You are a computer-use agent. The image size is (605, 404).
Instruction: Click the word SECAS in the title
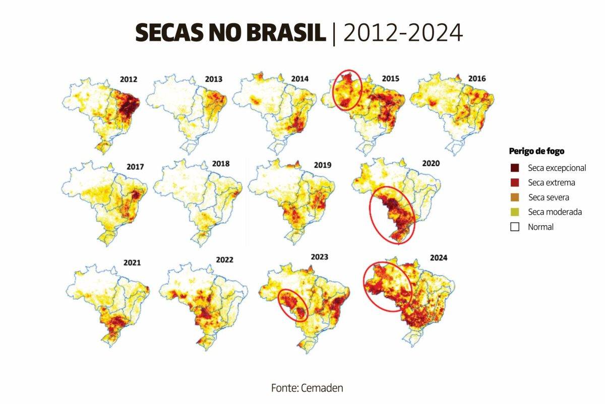[166, 33]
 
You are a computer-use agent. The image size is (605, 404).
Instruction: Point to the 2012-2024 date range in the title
[402, 33]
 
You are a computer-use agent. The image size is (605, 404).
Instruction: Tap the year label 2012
[129, 79]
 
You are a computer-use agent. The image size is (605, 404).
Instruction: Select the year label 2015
[390, 79]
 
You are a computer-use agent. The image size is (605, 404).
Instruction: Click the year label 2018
[220, 164]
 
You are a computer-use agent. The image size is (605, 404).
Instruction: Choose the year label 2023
[319, 257]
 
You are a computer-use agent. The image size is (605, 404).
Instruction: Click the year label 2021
[132, 263]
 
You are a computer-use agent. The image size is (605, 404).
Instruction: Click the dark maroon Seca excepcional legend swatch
[515, 168]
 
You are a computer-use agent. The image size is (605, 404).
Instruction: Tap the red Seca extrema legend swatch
[515, 182]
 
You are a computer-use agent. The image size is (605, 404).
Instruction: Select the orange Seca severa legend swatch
[515, 197]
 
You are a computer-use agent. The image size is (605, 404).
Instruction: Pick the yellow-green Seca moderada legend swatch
[515, 212]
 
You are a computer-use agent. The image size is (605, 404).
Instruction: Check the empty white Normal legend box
[515, 227]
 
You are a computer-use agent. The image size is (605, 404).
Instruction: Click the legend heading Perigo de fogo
[536, 150]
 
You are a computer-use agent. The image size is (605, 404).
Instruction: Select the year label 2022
[224, 260]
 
